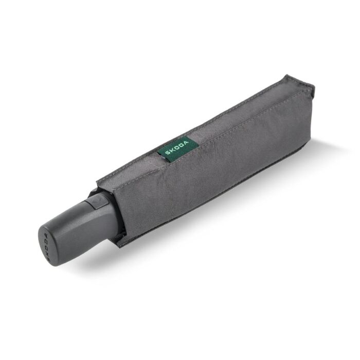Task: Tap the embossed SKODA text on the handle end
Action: [x=45, y=243]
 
